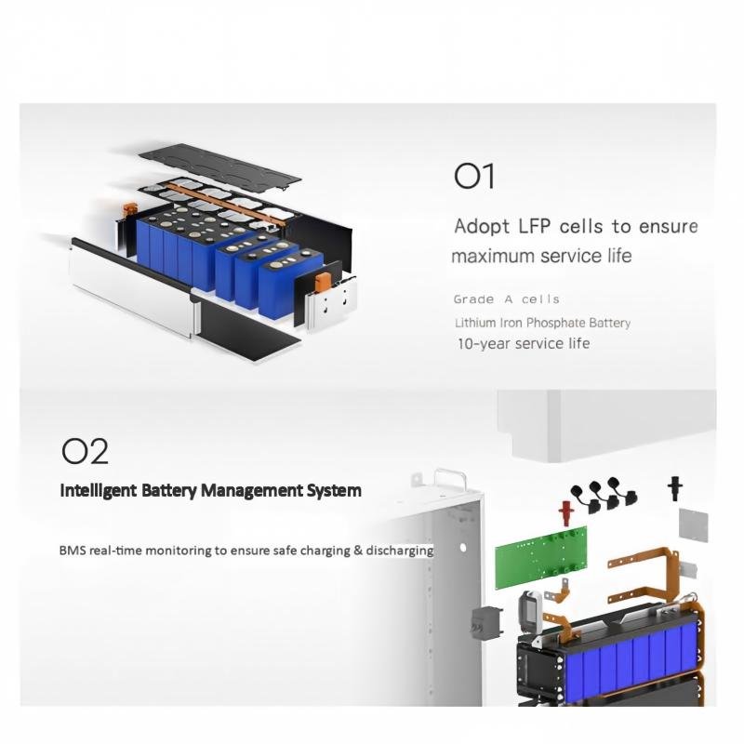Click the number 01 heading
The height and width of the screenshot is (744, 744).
(474, 176)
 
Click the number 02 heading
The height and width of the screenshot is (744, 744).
(85, 451)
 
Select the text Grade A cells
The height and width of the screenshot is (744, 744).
(506, 299)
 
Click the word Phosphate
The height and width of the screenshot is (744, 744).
(555, 323)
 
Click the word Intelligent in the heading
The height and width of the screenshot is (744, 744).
(99, 490)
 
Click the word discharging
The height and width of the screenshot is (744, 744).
(400, 551)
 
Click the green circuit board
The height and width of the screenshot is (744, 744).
(541, 557)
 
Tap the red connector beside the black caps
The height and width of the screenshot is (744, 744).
(565, 513)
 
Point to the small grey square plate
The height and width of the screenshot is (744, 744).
(693, 525)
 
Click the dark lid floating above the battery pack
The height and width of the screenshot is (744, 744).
(219, 168)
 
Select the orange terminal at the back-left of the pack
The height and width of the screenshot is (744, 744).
(129, 210)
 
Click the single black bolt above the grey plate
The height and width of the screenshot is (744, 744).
(675, 488)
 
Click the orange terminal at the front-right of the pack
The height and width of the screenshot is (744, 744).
(322, 282)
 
